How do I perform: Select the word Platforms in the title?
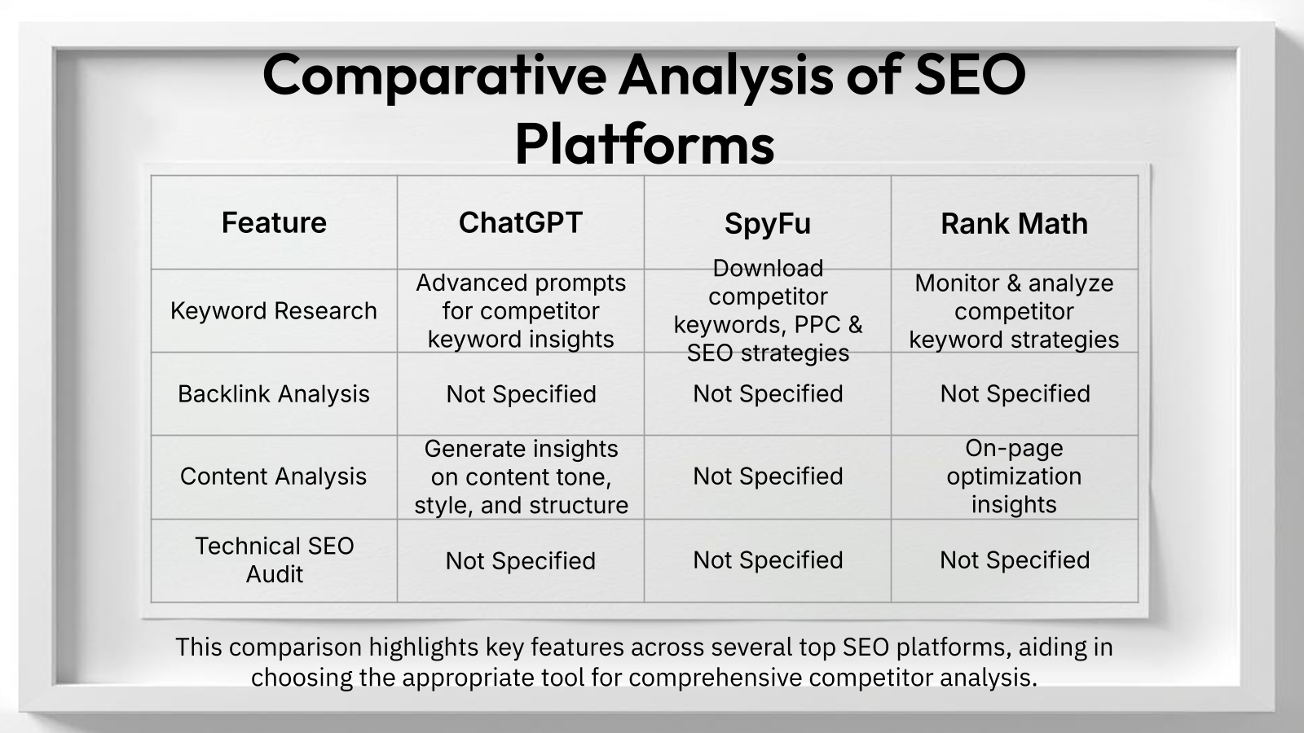[644, 144]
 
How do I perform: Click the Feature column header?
[274, 222]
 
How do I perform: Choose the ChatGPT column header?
[521, 222]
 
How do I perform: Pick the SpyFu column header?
[768, 224]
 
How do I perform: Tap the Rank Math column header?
[1014, 224]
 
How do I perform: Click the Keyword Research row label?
[274, 311]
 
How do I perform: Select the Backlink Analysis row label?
[274, 394]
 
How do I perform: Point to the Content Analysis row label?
[274, 476]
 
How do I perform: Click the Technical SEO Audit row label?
[275, 560]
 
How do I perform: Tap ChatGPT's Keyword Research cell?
[521, 311]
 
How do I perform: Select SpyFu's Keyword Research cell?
[768, 310]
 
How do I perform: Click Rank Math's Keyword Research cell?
[1014, 311]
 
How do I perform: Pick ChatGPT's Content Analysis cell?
[521, 477]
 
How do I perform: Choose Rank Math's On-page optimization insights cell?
[1014, 476]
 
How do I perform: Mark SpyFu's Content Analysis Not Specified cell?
[768, 476]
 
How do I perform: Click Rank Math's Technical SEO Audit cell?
[1015, 560]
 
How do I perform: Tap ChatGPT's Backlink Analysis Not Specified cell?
[521, 394]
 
